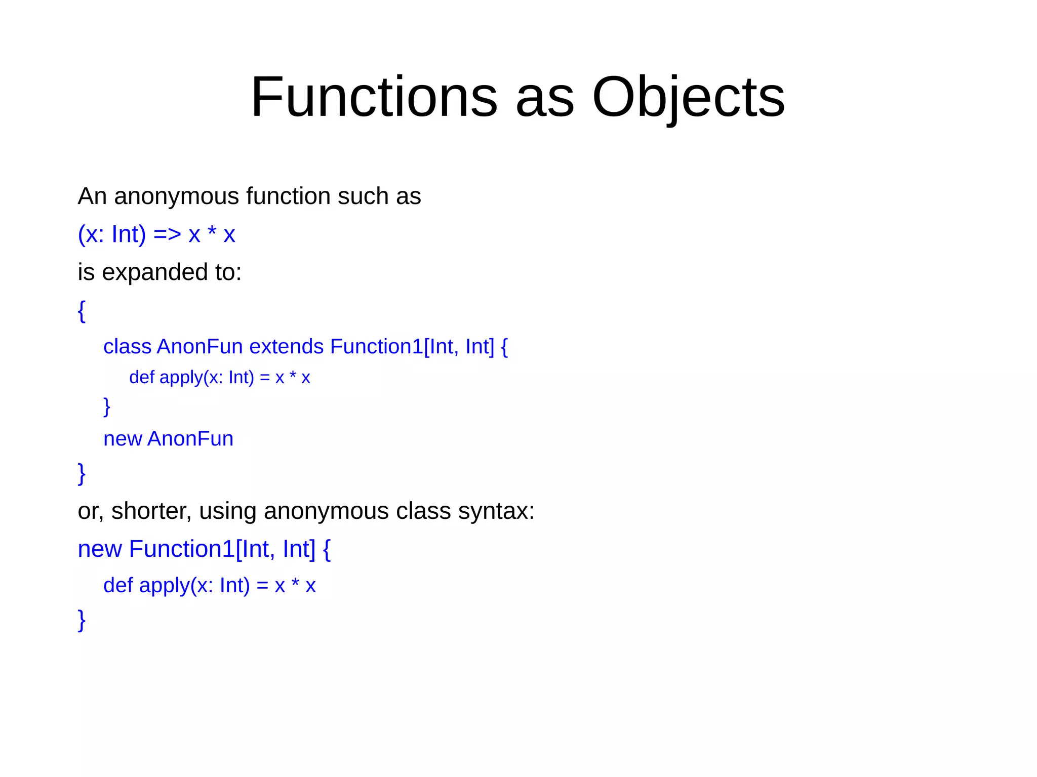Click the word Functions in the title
pyautogui.click(x=374, y=97)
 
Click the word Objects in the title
pyautogui.click(x=688, y=97)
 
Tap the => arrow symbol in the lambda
pyautogui.click(x=167, y=234)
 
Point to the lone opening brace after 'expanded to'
pyautogui.click(x=82, y=311)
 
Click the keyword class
pyautogui.click(x=127, y=347)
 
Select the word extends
pyautogui.click(x=286, y=347)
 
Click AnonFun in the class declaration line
pyautogui.click(x=200, y=347)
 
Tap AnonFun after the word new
pyautogui.click(x=190, y=439)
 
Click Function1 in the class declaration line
pyautogui.click(x=376, y=347)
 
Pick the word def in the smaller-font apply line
pyautogui.click(x=141, y=378)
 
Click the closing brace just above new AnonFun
pyautogui.click(x=106, y=406)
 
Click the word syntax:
pyautogui.click(x=496, y=511)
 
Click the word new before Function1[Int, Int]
pyautogui.click(x=99, y=549)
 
